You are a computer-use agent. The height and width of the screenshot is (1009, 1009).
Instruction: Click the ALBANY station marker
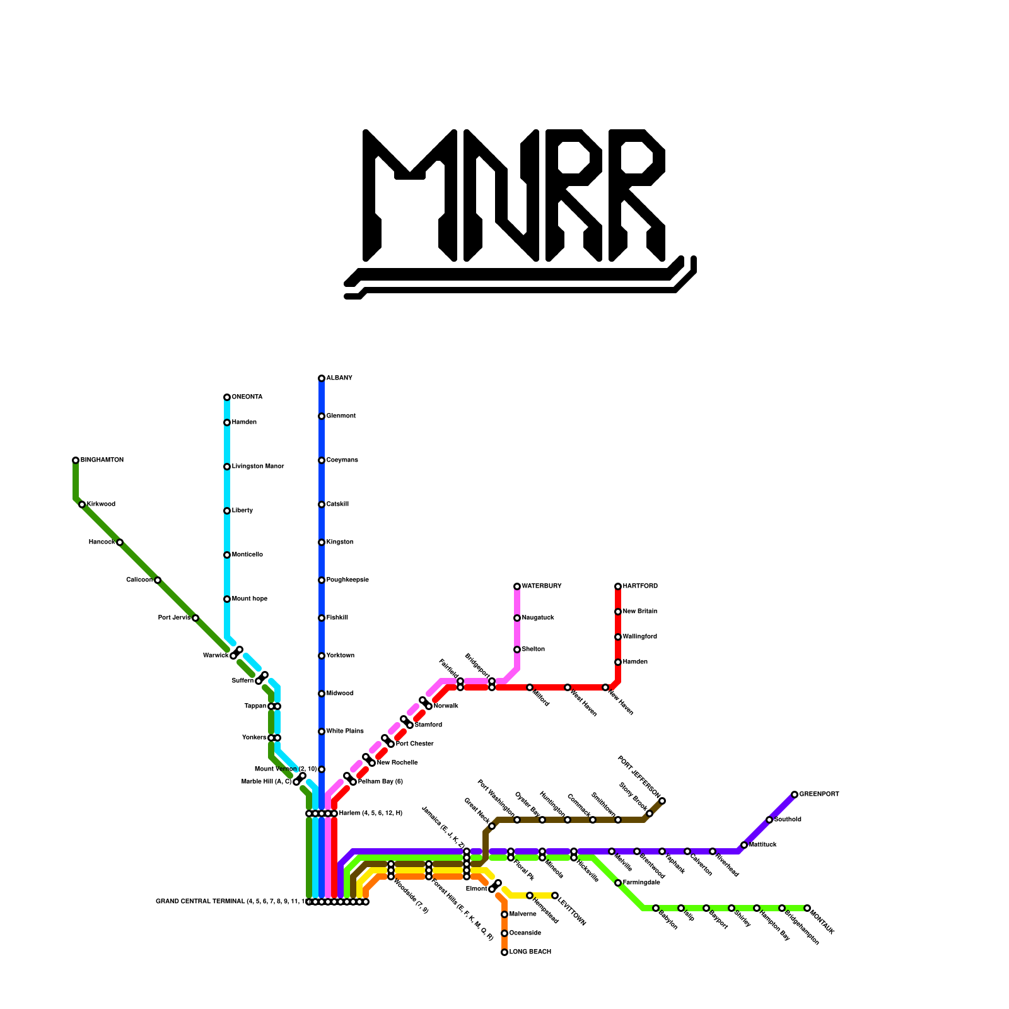point(322,378)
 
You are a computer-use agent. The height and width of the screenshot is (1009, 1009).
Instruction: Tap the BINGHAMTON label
point(102,460)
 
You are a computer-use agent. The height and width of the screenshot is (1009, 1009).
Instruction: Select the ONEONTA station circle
point(227,397)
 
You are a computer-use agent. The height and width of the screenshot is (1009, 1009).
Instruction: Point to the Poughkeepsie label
point(347,580)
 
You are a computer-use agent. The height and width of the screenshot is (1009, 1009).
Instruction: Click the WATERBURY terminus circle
point(517,586)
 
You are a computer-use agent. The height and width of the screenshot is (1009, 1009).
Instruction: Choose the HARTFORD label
point(640,586)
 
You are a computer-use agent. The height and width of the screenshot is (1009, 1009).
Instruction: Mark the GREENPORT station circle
point(795,795)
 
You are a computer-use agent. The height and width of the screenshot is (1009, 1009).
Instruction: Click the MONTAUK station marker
point(807,908)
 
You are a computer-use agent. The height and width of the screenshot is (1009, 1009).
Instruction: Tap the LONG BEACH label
point(530,952)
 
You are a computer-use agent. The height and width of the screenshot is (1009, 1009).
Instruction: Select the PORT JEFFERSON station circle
point(662,801)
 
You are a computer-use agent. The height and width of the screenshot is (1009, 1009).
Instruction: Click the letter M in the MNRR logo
point(410,195)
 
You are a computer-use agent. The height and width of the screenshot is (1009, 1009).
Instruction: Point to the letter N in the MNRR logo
point(501,195)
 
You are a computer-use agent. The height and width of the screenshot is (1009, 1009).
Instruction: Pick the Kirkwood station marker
point(82,504)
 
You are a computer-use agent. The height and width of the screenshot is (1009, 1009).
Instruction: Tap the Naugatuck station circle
point(517,618)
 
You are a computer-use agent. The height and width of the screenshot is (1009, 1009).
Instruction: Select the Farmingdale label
point(641,883)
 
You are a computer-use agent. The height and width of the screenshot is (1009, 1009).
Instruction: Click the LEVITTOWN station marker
point(555,895)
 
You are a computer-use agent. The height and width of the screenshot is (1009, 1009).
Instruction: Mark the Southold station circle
point(769,820)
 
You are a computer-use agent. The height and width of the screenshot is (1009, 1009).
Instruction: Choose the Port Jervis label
point(174,618)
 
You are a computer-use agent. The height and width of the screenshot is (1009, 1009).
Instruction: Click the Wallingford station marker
point(618,637)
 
